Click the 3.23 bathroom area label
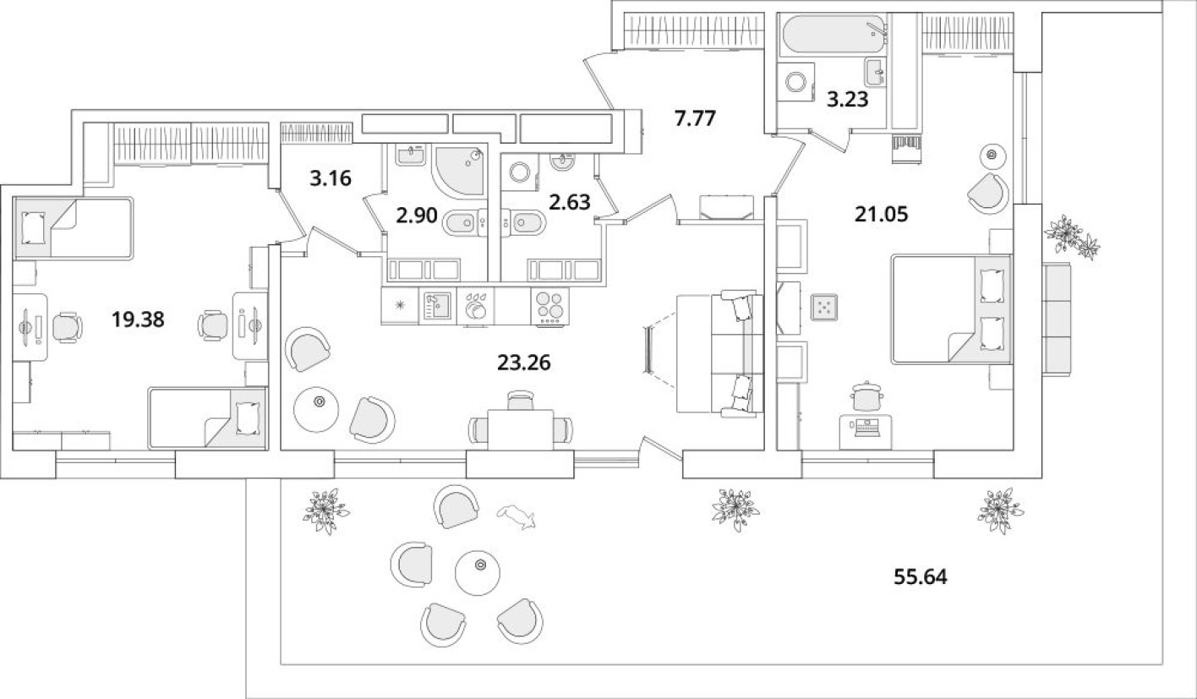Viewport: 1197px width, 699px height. click(847, 100)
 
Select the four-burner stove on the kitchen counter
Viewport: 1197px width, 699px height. click(549, 306)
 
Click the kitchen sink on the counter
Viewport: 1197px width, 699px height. click(436, 306)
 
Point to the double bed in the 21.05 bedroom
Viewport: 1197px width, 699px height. click(951, 310)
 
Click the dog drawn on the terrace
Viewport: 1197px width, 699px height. click(517, 516)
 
